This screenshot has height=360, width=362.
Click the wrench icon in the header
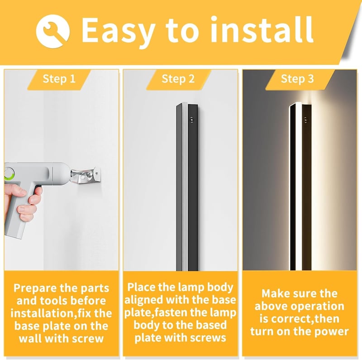point(52,31)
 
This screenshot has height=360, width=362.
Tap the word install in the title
point(262,29)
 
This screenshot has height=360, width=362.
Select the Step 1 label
point(59,79)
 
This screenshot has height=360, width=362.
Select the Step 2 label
point(178,79)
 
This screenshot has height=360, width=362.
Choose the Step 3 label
point(297,79)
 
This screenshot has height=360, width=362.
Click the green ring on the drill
point(9,174)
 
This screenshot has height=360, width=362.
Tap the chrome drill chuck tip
point(78,174)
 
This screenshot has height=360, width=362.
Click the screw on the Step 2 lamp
point(191,120)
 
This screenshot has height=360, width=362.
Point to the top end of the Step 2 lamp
point(187,105)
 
